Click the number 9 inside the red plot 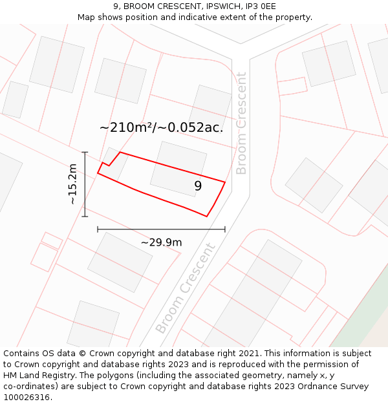[x=198, y=186]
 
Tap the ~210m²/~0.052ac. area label [x=161, y=127]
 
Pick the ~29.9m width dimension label [x=161, y=242]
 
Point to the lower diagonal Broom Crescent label [x=186, y=288]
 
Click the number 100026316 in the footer [x=26, y=398]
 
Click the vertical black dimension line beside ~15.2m [x=85, y=184]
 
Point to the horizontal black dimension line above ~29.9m [x=161, y=229]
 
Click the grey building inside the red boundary [x=178, y=169]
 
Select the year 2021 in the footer [x=248, y=354]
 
